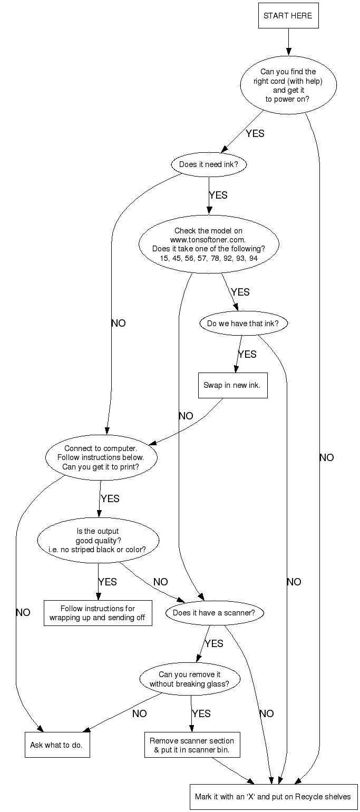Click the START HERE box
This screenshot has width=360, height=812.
pyautogui.click(x=288, y=16)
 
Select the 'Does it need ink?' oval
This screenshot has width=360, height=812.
pyautogui.click(x=209, y=164)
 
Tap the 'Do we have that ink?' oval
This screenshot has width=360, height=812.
pyautogui.click(x=243, y=324)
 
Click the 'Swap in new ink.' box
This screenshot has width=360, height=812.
pyautogui.click(x=232, y=385)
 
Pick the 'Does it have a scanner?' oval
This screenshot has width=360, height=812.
pyautogui.click(x=214, y=613)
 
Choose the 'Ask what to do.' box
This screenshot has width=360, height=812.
pyautogui.click(x=57, y=745)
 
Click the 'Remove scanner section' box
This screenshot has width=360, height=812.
pyautogui.click(x=192, y=745)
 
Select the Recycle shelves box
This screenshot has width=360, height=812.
pyautogui.click(x=273, y=796)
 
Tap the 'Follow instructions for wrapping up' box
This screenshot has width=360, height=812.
pyautogui.click(x=98, y=613)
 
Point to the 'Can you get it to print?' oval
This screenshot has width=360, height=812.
pyautogui.click(x=102, y=457)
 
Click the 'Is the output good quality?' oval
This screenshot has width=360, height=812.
pyautogui.click(x=98, y=540)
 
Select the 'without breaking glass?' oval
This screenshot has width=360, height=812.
pyautogui.click(x=190, y=679)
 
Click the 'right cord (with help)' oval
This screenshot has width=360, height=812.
pyautogui.click(x=288, y=85)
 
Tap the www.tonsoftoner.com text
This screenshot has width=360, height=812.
pyautogui.click(x=208, y=240)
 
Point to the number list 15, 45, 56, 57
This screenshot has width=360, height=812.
pyautogui.click(x=208, y=258)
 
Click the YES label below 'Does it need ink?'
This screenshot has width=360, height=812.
pyautogui.click(x=218, y=195)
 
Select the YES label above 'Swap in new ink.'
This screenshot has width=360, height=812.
pyautogui.click(x=247, y=354)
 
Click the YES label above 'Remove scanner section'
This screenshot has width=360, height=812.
pyautogui.click(x=201, y=713)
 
